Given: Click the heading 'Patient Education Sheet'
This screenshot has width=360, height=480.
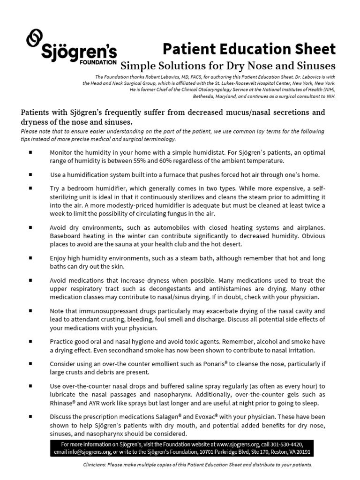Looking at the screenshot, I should point(249,49).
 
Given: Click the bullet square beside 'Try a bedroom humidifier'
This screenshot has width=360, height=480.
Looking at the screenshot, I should point(30,188).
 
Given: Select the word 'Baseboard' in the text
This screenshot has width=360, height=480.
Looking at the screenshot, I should point(64,235).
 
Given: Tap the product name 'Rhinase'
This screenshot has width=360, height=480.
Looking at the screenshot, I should point(62,403).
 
